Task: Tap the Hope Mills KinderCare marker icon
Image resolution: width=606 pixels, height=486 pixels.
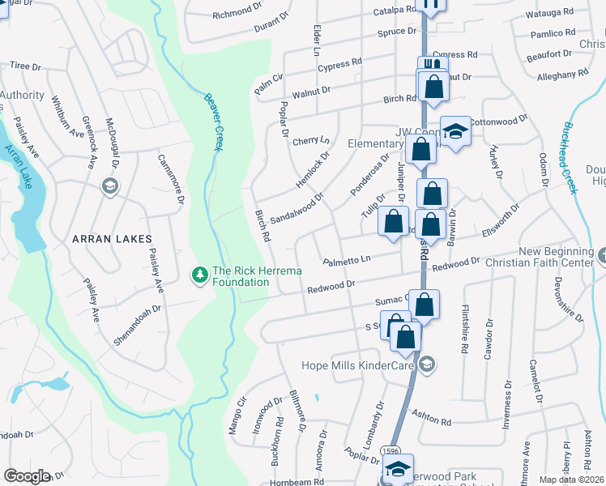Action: point(428,366)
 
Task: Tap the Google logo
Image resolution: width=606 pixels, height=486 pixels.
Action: point(28,476)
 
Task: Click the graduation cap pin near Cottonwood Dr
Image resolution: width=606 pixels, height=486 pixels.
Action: point(456,131)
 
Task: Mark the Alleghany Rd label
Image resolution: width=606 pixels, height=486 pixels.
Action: point(562,75)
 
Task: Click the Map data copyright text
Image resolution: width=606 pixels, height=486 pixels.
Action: point(571,480)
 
